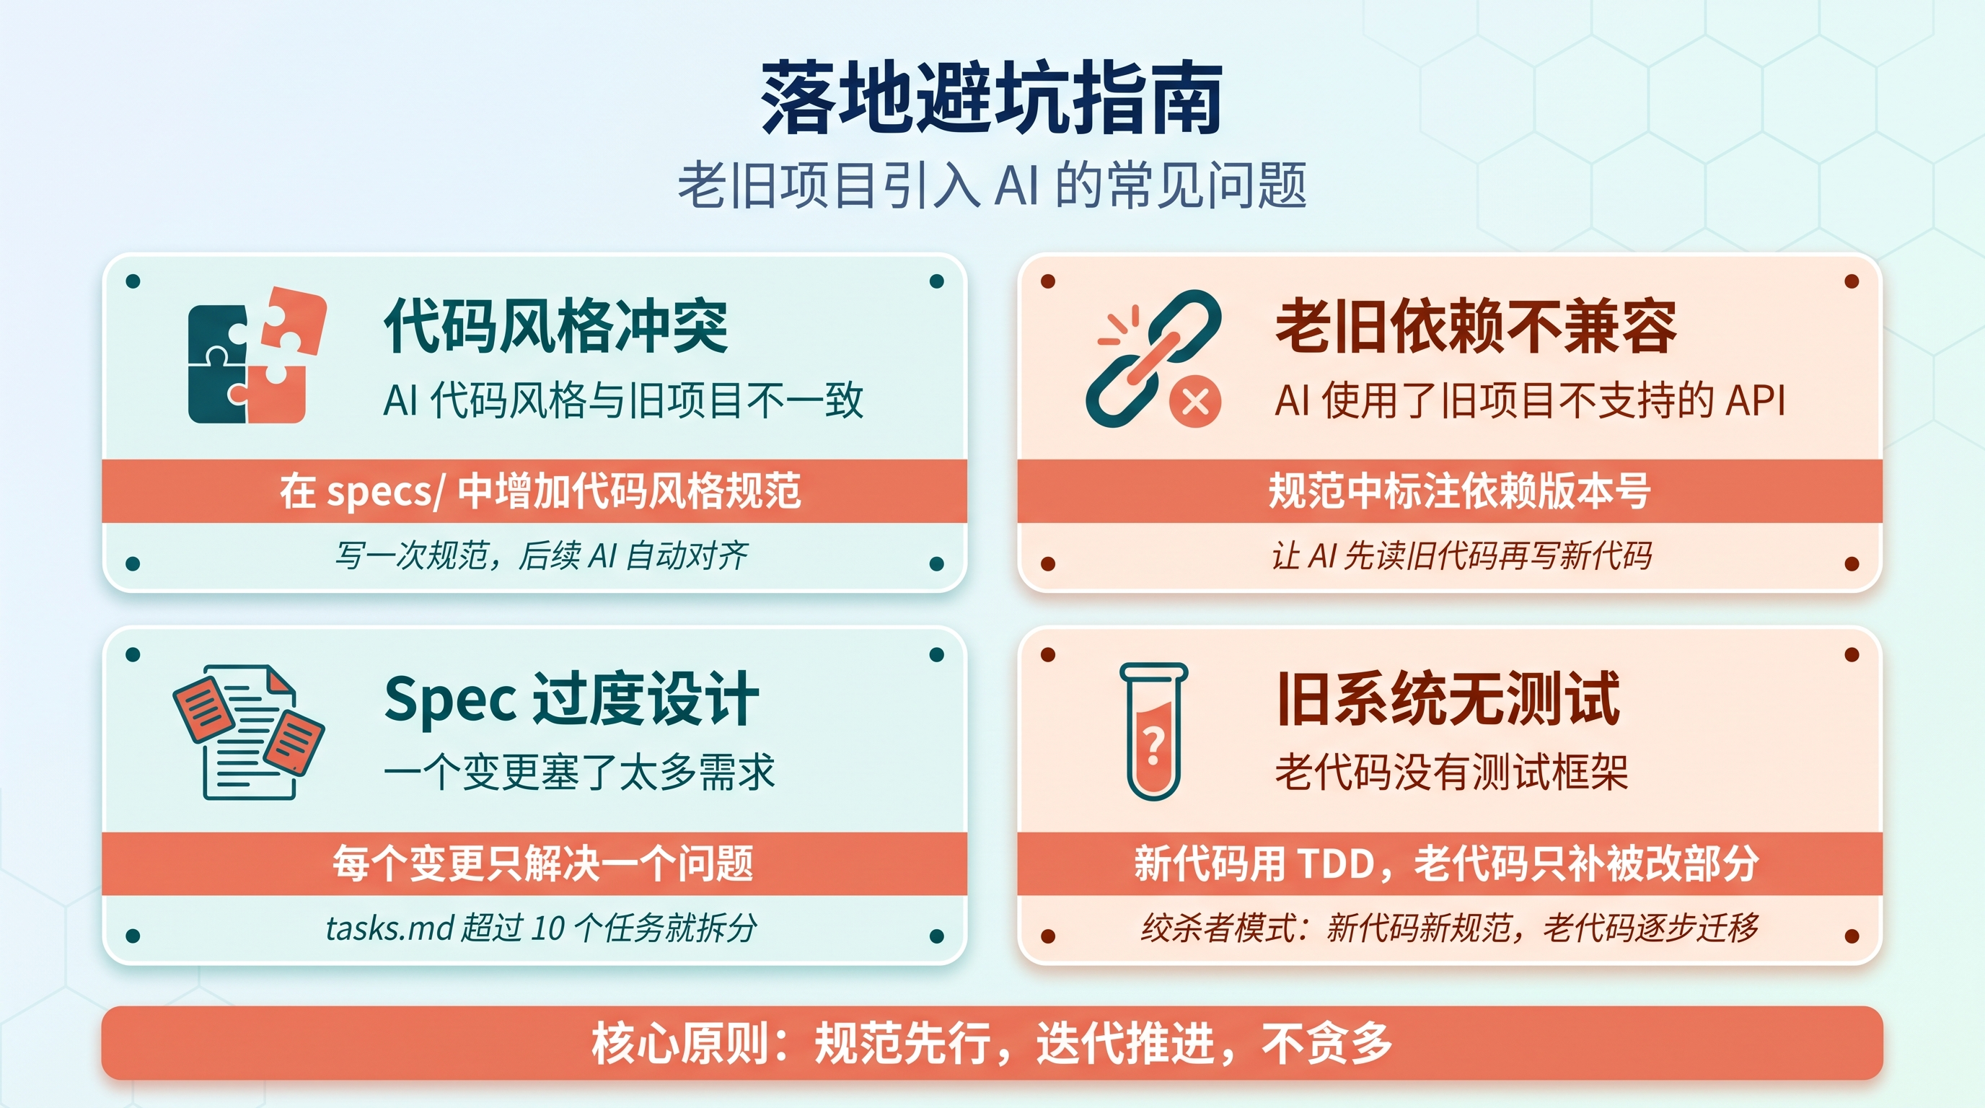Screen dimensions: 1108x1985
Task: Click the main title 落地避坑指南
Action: pos(992,99)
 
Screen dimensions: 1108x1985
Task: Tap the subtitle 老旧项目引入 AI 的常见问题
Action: pos(992,185)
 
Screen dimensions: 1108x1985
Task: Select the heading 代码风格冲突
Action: pos(555,326)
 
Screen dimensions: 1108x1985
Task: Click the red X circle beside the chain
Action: pos(1195,402)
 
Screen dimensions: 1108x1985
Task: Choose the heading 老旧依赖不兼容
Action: pos(1475,326)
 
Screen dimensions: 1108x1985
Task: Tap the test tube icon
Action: pos(1153,731)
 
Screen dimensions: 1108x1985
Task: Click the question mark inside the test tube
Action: pos(1153,745)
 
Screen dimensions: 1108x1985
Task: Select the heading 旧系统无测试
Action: pos(1448,699)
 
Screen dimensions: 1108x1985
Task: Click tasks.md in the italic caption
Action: pos(389,928)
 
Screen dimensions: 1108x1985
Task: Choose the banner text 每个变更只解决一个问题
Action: pos(542,863)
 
